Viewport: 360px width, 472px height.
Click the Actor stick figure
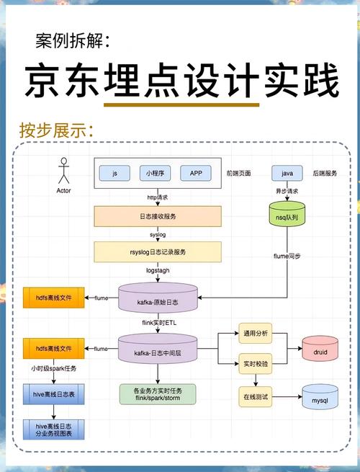click(x=63, y=171)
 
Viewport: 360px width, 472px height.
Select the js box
click(x=114, y=174)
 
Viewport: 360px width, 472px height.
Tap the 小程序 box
click(x=156, y=174)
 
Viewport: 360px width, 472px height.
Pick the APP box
click(x=196, y=174)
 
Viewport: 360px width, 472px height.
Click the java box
click(x=287, y=174)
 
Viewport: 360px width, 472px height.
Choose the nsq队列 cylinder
click(x=287, y=215)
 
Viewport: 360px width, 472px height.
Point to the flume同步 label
click(x=287, y=256)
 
